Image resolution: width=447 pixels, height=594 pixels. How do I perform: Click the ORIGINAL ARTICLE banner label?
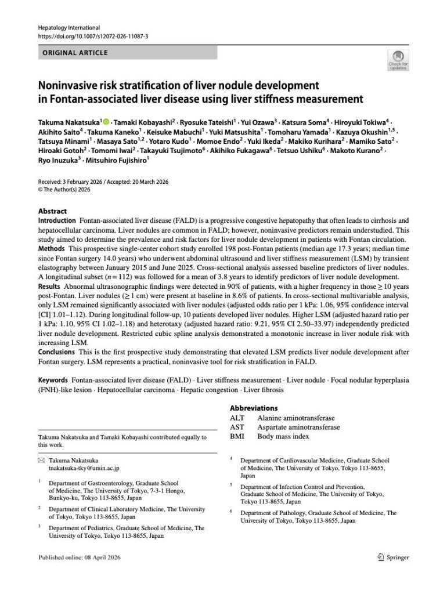[x=75, y=53]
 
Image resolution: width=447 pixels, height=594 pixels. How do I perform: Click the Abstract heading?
[x=52, y=211]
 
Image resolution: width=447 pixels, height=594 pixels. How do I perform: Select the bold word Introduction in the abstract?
[x=56, y=221]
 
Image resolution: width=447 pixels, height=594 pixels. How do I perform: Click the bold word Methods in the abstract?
[x=52, y=249]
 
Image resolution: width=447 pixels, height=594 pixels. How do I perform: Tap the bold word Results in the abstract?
[x=51, y=286]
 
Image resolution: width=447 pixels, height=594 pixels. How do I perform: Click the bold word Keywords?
[x=54, y=380]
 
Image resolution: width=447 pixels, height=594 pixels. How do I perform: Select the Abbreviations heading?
[x=254, y=408]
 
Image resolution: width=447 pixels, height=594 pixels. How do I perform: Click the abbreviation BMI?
[x=237, y=436]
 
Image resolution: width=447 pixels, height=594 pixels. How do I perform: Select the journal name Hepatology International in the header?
[x=69, y=27]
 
